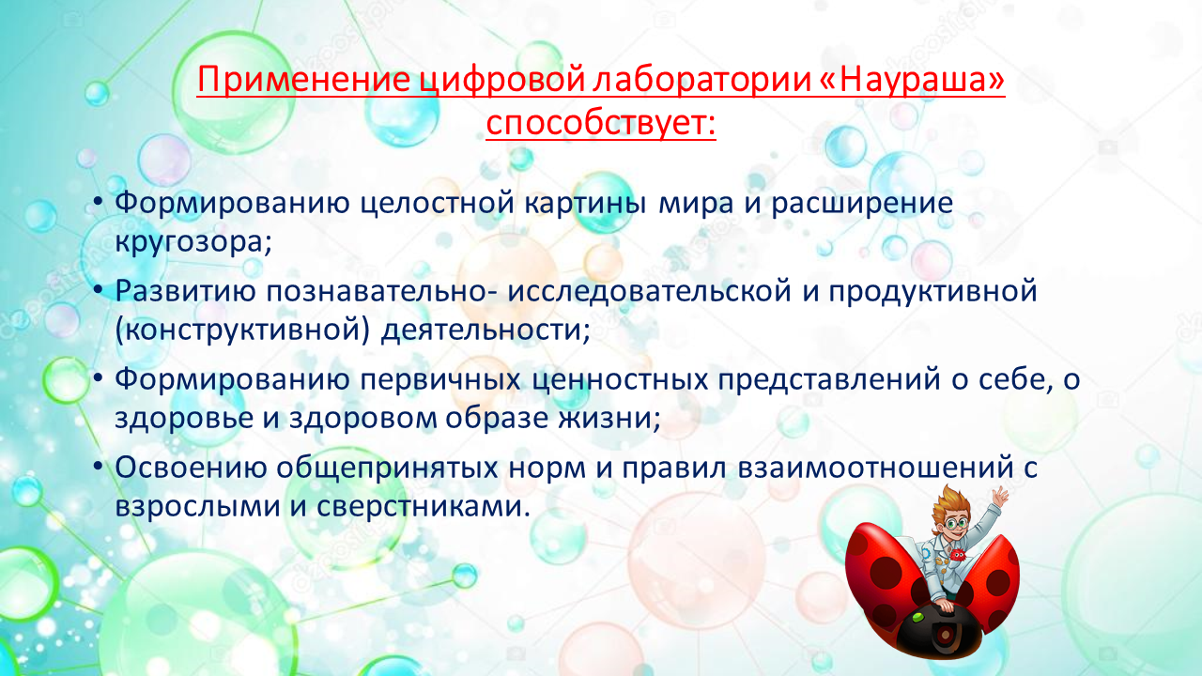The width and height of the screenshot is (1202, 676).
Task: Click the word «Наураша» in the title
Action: tap(913, 80)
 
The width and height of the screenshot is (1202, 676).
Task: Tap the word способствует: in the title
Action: tap(601, 124)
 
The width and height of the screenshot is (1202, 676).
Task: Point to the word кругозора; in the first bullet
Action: tap(193, 241)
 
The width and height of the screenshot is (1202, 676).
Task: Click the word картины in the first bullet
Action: tap(585, 204)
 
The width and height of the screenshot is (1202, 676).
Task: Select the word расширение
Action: tap(862, 204)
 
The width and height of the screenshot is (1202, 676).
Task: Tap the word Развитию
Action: tap(185, 291)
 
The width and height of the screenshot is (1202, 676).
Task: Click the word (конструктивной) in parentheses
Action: tap(242, 329)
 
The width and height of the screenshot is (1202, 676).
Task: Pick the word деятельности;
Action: tap(485, 329)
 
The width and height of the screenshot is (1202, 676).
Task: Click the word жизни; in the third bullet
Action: tap(609, 418)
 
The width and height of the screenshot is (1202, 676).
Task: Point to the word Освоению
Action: tap(191, 468)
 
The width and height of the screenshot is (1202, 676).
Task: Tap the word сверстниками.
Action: tap(419, 506)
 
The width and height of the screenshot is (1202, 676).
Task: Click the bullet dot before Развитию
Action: tap(97, 289)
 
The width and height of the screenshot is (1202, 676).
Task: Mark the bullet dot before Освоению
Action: tap(97, 466)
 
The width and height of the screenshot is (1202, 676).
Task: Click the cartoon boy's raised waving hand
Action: tap(1000, 496)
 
